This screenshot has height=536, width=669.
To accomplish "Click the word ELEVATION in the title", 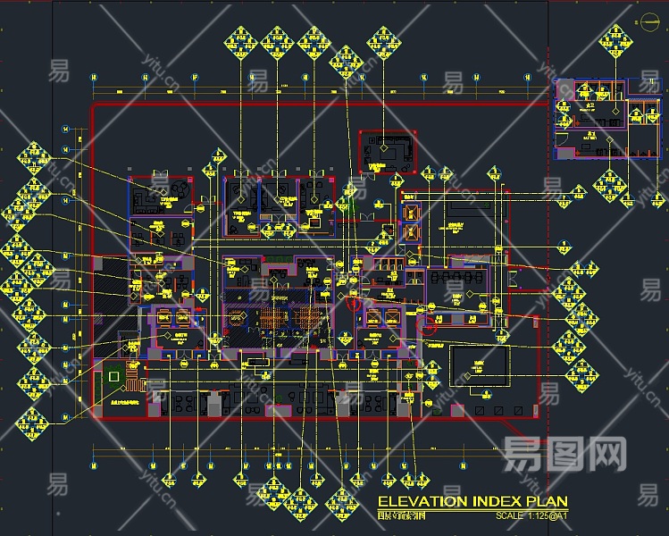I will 418,501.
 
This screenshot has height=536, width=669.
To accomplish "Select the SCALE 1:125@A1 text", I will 531,515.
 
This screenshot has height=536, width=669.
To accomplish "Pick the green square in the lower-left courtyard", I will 113,378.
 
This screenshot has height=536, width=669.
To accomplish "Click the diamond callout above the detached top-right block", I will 613,38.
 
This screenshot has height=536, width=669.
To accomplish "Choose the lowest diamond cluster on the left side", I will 31,419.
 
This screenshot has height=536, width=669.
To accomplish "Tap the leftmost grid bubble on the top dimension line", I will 96,80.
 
